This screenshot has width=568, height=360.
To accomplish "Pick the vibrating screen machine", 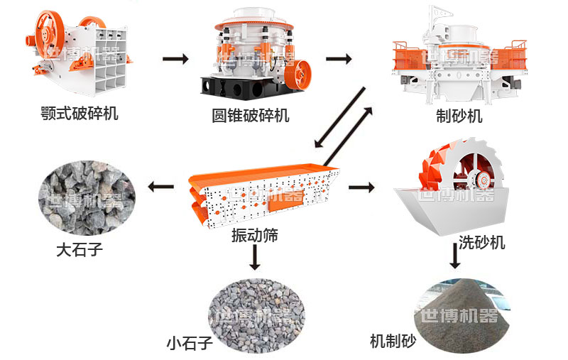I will tap(262, 192).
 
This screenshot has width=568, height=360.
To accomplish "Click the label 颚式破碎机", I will tap(80, 113).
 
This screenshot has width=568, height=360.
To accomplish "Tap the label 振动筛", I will tap(254, 236).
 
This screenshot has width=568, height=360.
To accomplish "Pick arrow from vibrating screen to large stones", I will tap(161, 187).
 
